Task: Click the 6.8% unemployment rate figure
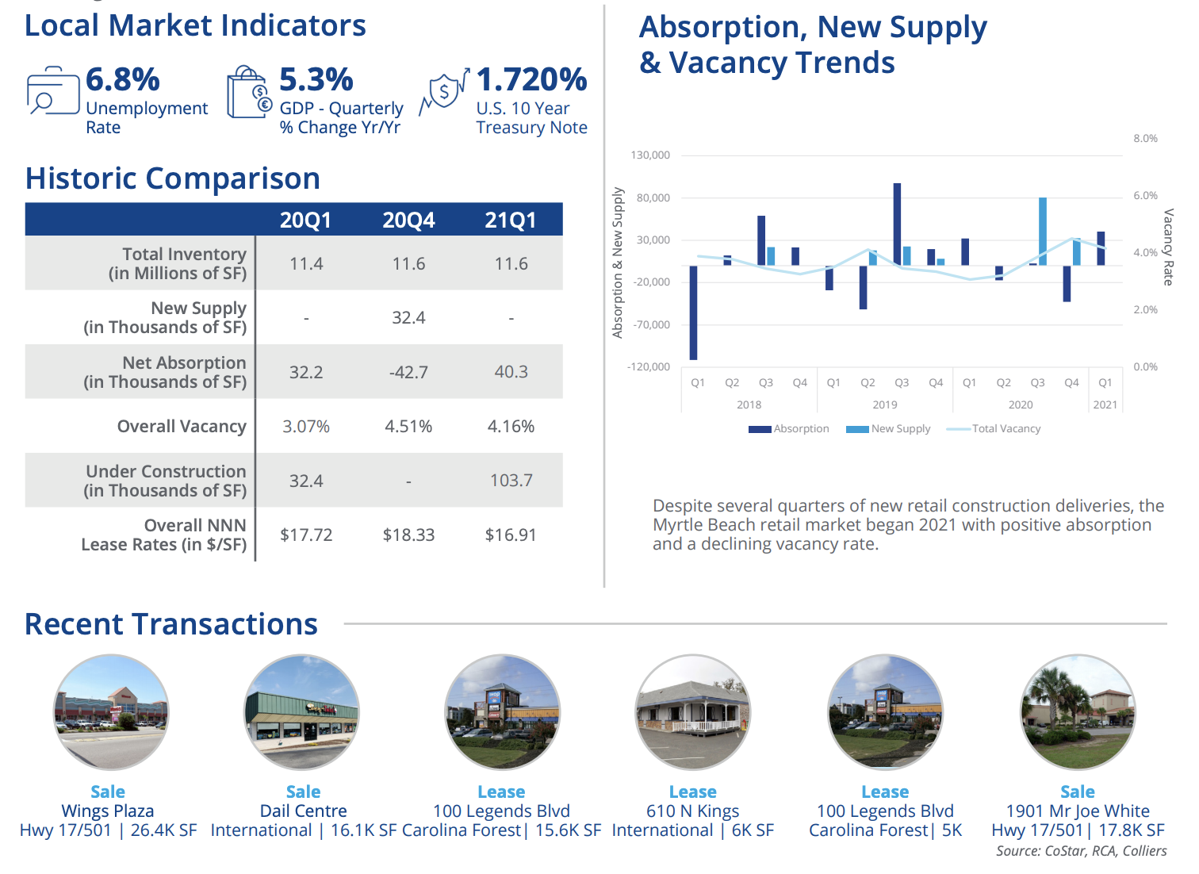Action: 123,80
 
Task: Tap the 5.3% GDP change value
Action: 316,80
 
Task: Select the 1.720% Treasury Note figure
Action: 531,80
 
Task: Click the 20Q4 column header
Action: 408,220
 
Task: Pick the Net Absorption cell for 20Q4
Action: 408,372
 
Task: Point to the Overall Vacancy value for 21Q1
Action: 511,427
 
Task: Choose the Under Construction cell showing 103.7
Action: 511,481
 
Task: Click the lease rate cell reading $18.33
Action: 408,535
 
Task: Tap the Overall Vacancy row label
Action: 182,427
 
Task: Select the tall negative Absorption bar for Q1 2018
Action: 693,312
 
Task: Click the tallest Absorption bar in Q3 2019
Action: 897,224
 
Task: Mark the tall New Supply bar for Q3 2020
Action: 1043,231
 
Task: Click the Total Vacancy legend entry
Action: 994,429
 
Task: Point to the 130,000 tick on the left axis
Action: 650,155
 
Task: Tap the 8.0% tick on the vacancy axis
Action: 1145,139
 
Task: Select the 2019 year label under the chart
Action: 885,405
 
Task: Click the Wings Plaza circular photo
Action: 111,712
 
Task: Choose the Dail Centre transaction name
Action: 303,811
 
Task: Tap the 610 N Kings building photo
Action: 693,712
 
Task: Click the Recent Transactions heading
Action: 171,625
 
